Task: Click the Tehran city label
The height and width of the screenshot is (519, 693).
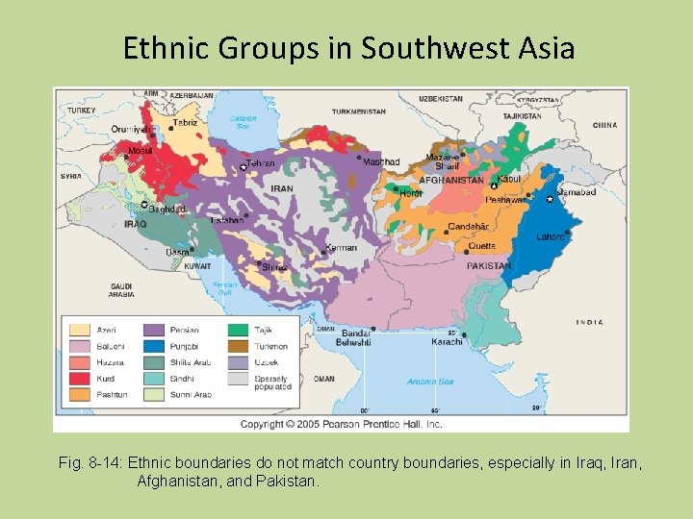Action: point(261,164)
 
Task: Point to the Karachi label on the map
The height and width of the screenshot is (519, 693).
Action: point(448,341)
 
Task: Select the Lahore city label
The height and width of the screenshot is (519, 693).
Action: point(551,236)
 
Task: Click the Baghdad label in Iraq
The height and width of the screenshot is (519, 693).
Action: point(167,209)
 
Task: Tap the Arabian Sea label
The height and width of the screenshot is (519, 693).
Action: point(430,382)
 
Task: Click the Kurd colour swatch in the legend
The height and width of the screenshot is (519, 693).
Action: point(80,379)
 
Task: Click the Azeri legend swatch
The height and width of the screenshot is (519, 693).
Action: point(80,330)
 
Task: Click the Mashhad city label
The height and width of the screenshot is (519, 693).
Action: point(380,161)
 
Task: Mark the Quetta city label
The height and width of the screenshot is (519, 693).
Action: point(481,246)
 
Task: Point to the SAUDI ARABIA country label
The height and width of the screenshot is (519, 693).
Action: point(121,290)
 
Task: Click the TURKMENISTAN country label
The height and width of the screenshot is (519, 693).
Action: point(358,111)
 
